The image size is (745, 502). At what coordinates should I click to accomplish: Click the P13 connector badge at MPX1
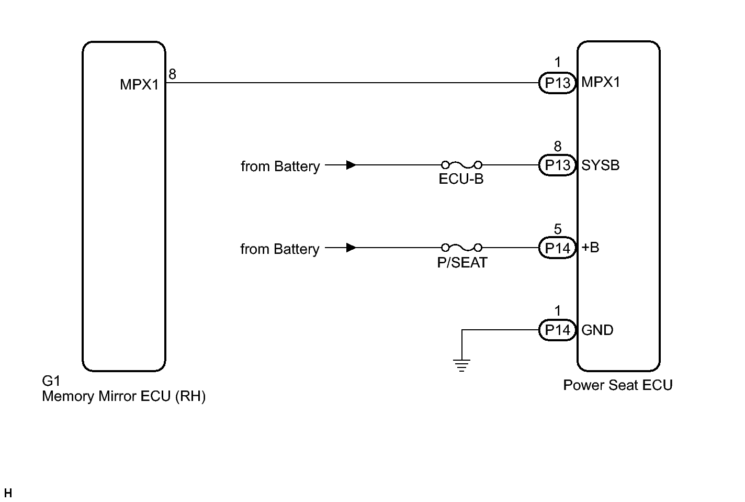[557, 83]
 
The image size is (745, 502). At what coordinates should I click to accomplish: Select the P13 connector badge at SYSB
[557, 165]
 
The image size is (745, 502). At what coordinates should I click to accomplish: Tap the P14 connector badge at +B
[557, 248]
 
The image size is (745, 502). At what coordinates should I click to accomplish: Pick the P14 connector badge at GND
[557, 330]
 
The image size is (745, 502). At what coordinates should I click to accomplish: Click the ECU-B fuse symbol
[461, 164]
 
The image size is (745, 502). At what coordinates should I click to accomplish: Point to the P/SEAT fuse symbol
[461, 247]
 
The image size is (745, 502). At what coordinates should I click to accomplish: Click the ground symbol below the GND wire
[461, 365]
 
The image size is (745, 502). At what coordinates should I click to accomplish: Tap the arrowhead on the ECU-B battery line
[352, 165]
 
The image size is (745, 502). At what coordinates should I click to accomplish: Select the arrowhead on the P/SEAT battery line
[352, 248]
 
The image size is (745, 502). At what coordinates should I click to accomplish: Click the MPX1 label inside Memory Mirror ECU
[139, 84]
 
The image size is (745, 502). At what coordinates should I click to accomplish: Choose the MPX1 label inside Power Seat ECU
[601, 82]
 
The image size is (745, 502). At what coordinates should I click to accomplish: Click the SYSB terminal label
[601, 165]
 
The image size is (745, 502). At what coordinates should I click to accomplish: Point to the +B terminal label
[591, 248]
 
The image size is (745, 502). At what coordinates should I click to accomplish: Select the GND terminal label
[597, 330]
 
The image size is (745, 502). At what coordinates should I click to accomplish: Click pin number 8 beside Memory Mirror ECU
[172, 75]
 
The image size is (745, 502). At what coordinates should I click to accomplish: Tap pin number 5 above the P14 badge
[558, 229]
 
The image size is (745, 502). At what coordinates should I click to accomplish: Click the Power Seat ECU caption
[617, 385]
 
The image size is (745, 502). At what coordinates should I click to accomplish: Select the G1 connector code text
[51, 381]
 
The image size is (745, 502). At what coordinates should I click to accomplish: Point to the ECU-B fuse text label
[461, 180]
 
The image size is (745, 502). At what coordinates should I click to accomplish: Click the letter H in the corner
[8, 493]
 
